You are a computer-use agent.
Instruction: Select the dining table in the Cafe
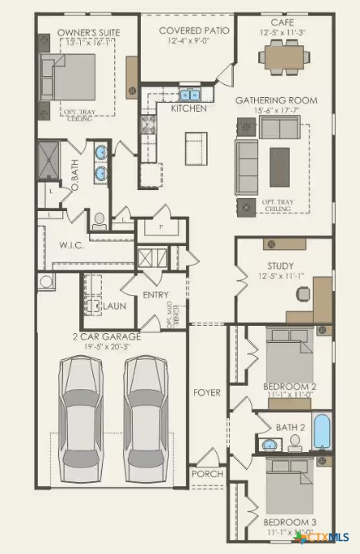pyautogui.click(x=284, y=56)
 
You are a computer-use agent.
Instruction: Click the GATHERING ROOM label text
pyautogui.click(x=276, y=100)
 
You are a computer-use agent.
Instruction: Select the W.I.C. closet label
pyautogui.click(x=72, y=245)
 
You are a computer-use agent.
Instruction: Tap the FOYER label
pyautogui.click(x=206, y=393)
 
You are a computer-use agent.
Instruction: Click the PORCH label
pyautogui.click(x=206, y=473)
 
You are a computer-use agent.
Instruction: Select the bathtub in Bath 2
pyautogui.click(x=321, y=432)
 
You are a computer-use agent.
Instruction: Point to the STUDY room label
pyautogui.click(x=280, y=265)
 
